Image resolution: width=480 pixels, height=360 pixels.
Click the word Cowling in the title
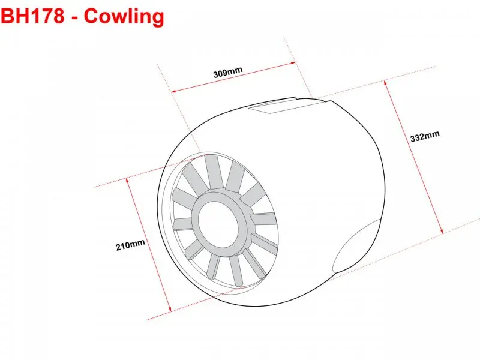coord(124,17)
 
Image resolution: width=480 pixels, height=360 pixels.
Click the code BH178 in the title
coord(32,16)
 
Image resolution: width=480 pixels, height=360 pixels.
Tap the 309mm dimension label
coord(228,72)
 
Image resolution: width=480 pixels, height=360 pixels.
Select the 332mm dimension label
coord(425,136)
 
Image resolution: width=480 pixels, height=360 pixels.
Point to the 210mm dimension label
coord(130,245)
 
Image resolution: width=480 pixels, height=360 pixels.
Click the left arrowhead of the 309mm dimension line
coord(173,91)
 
